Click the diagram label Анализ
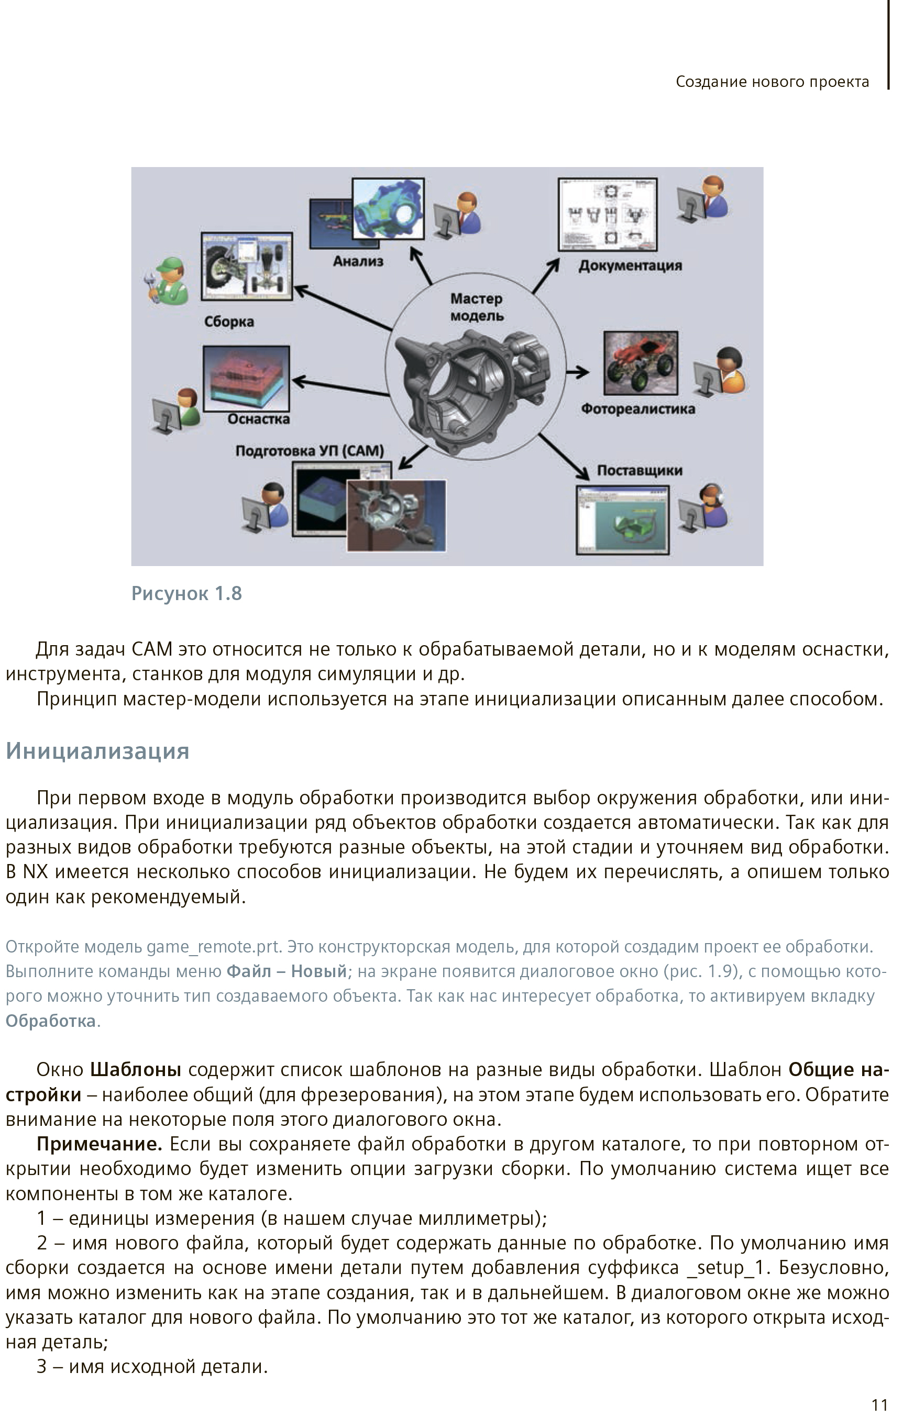[x=358, y=261]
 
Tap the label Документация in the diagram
[x=630, y=266]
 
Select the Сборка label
[x=229, y=322]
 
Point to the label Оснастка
[x=259, y=419]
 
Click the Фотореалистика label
[x=638, y=409]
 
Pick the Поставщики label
[x=640, y=471]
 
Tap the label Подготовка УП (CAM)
[x=310, y=451]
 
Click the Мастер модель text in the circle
[x=477, y=307]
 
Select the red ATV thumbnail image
[x=641, y=363]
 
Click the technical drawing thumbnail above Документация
[x=608, y=214]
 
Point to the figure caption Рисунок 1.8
[x=186, y=593]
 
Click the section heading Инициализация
[x=98, y=751]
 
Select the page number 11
[x=879, y=1405]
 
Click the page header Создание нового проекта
[x=772, y=82]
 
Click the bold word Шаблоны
[x=136, y=1069]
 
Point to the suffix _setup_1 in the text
[x=726, y=1268]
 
